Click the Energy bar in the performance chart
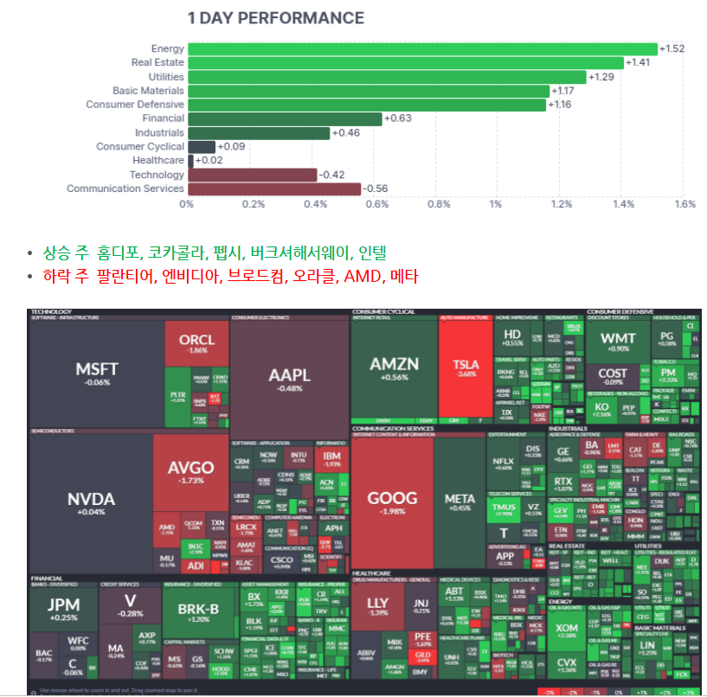[x=421, y=49]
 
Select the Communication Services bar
[x=273, y=189]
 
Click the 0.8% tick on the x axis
[x=439, y=205]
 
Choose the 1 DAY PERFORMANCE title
[x=276, y=18]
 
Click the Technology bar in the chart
[x=252, y=175]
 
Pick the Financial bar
[x=284, y=118]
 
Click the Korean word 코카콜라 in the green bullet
[x=171, y=253]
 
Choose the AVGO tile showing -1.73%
[x=190, y=471]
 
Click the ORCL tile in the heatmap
[x=196, y=344]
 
